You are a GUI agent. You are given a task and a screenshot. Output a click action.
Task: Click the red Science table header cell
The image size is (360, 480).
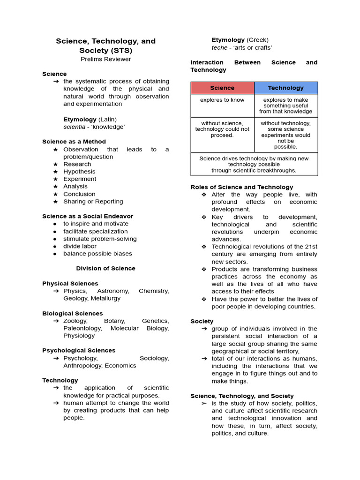(222, 88)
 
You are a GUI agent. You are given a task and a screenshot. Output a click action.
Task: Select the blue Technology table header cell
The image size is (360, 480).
(285, 88)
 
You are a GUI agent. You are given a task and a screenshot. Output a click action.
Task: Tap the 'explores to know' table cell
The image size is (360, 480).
(222, 100)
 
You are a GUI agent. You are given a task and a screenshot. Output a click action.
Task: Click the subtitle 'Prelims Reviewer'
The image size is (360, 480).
(105, 59)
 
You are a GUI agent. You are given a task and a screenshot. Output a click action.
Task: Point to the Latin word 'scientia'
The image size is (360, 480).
(75, 127)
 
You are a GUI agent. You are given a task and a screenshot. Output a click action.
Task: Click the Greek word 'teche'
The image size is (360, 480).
(219, 47)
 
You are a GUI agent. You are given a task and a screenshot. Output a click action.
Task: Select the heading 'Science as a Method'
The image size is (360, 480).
(74, 142)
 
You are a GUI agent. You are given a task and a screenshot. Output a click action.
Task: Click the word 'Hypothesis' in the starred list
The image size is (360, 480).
(79, 172)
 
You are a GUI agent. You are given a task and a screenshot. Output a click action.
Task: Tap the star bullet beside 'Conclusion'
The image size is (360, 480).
(55, 194)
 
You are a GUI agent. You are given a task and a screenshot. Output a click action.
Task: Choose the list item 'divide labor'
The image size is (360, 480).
(80, 246)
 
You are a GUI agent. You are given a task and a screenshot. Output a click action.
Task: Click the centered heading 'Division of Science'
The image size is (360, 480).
(105, 269)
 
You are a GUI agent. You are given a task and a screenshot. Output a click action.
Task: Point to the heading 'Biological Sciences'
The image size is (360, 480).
(72, 314)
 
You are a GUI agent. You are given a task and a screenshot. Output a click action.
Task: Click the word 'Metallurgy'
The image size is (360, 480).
(105, 298)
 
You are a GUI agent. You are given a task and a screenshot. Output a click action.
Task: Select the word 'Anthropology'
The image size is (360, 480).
(82, 366)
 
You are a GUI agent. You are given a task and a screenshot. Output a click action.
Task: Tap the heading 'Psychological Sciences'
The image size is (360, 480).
(78, 351)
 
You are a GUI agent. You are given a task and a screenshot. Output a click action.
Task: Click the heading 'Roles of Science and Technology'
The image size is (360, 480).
(241, 187)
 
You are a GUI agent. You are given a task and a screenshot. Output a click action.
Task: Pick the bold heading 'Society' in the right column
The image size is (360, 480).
(202, 321)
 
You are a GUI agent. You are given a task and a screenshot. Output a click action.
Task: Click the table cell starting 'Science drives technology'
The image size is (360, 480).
(254, 165)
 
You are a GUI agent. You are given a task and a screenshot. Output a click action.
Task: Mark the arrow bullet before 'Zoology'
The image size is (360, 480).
(56, 321)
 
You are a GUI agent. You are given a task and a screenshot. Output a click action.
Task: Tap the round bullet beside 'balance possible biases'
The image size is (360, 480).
(55, 254)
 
